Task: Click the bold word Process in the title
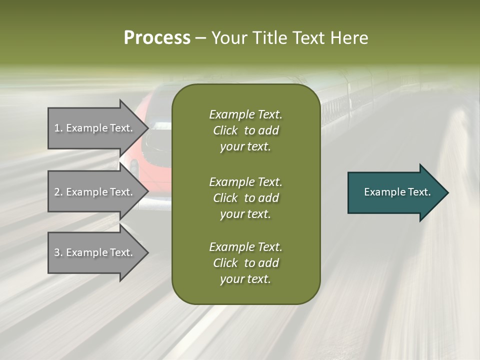pos(157,38)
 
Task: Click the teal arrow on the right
pos(395,192)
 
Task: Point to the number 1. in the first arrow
pos(58,128)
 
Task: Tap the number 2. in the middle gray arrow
pos(58,192)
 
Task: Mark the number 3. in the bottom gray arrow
pos(58,252)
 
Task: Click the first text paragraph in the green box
pos(245,130)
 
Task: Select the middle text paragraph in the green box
pos(245,197)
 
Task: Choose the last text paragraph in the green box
pos(245,263)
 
